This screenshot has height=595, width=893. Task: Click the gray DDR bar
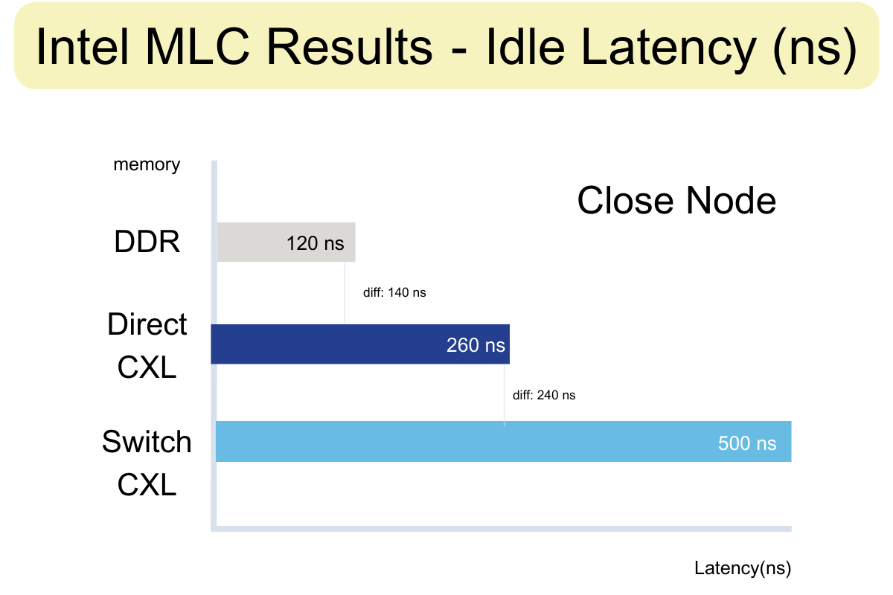point(286,242)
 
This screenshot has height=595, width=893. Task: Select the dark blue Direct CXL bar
point(360,344)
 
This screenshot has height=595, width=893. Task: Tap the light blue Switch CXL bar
point(504,441)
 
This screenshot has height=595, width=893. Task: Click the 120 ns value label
point(315,243)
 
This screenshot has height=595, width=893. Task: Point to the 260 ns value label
point(476,345)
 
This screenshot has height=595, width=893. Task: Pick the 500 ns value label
point(747,443)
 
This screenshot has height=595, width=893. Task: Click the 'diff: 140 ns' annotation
point(394,292)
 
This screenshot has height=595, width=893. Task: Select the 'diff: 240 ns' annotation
point(544,395)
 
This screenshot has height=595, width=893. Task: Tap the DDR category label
point(147,242)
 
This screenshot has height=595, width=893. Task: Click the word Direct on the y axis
point(147,324)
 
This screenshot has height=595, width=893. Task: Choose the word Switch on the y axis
point(147,442)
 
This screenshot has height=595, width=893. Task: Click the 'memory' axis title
point(147,164)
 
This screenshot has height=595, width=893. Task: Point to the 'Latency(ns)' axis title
point(743,568)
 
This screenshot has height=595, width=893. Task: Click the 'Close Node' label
point(676,200)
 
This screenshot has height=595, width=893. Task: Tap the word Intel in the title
point(83,46)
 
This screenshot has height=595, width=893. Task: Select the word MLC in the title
point(197,46)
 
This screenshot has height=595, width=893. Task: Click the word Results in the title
point(349,46)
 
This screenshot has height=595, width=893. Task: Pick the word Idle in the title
point(525,46)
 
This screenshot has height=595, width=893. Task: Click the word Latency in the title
point(669,51)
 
